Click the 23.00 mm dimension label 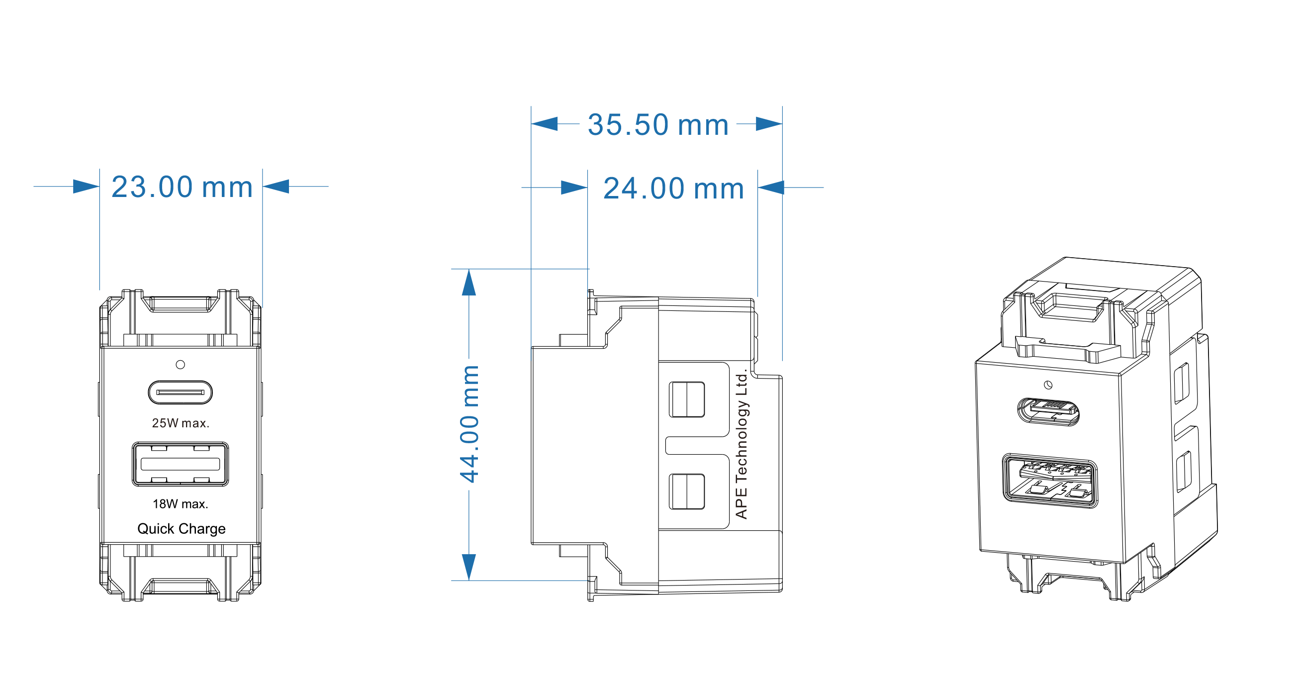coord(182,187)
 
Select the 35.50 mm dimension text coord(658,125)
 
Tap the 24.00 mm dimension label coord(674,189)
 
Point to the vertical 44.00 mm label coord(469,424)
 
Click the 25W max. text coord(181,423)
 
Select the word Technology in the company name coord(741,439)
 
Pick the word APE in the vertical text coord(741,502)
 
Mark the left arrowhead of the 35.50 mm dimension coord(545,124)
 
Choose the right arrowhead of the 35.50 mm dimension coord(769,124)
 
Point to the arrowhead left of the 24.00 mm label coord(574,188)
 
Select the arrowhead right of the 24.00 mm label coord(771,188)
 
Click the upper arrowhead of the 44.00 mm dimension coord(469,283)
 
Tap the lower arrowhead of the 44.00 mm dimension coord(469,566)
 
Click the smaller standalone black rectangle coord(1096,429)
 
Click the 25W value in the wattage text coord(165,423)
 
